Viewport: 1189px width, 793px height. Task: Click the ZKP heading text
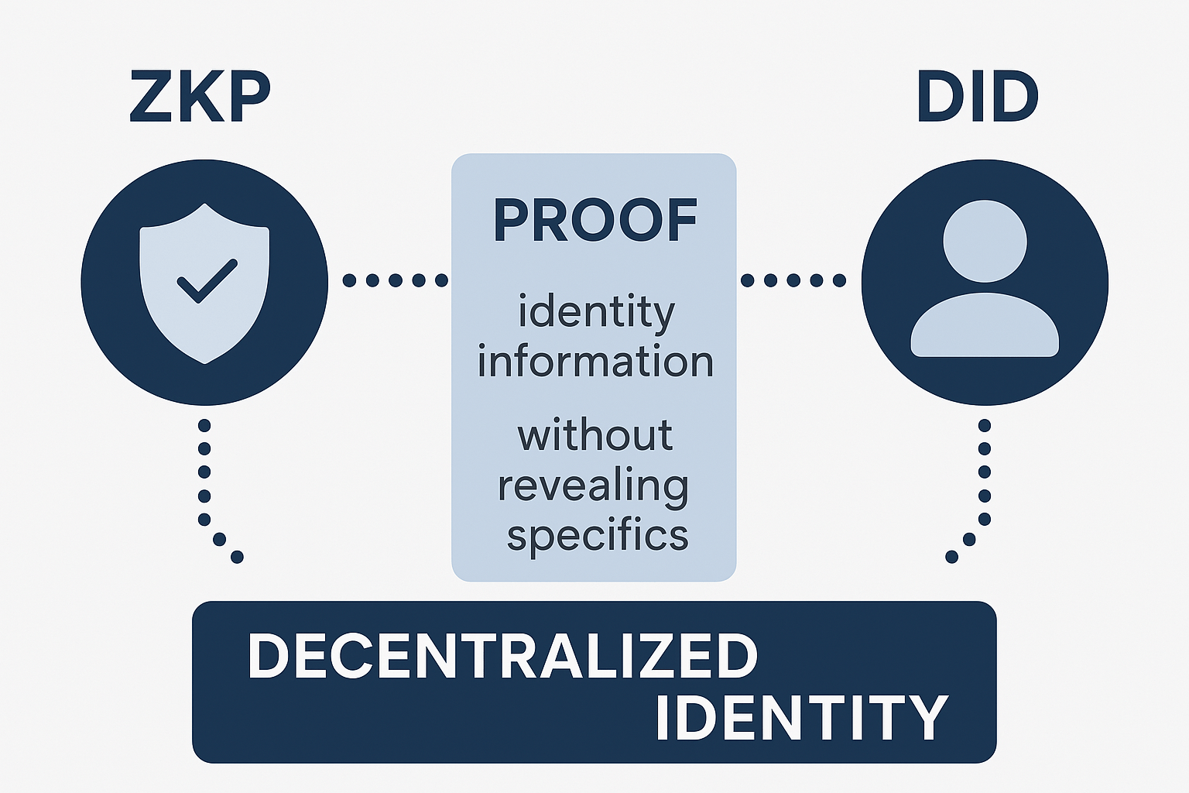tap(200, 97)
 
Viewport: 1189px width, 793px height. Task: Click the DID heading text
tap(977, 97)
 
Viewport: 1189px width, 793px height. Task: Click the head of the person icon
tap(985, 241)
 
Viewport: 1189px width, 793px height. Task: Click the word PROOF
tap(594, 221)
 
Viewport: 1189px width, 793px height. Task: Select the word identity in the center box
tap(596, 312)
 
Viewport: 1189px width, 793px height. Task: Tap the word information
tap(594, 362)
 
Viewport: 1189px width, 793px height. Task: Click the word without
tap(594, 435)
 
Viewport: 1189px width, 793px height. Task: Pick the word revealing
tap(593, 486)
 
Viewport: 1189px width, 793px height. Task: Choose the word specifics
tap(597, 535)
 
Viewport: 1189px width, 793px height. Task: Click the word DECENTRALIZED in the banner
tap(502, 656)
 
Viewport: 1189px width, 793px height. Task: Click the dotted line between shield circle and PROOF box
tap(396, 280)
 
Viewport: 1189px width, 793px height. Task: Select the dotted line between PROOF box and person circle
tap(793, 280)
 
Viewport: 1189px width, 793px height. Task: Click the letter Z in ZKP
tap(150, 97)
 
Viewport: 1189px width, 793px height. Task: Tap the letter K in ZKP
tap(198, 97)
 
